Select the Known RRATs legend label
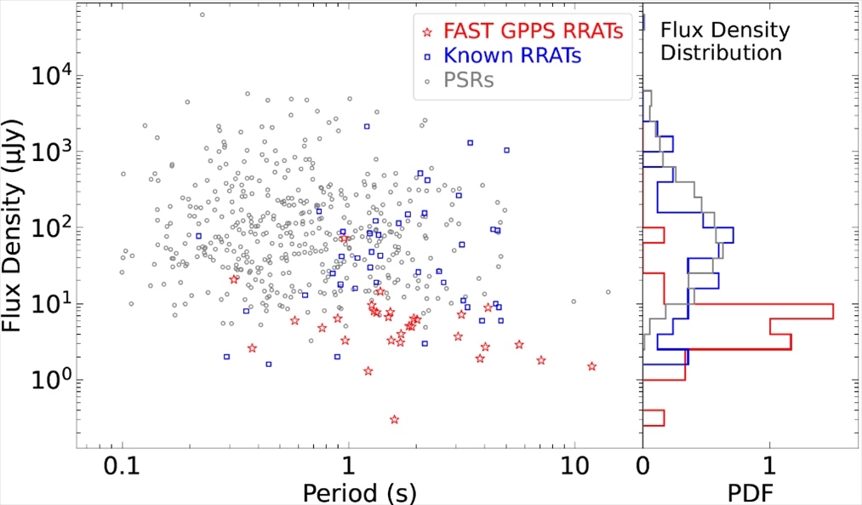click(513, 57)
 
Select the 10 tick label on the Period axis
click(574, 467)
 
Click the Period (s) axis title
click(349, 492)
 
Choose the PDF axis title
click(750, 492)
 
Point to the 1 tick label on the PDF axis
click(770, 467)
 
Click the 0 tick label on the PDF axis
click(643, 467)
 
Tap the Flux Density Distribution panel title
click(725, 42)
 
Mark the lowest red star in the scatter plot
click(394, 419)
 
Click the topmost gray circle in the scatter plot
click(202, 14)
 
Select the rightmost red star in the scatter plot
click(591, 366)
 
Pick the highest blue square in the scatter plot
click(367, 126)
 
